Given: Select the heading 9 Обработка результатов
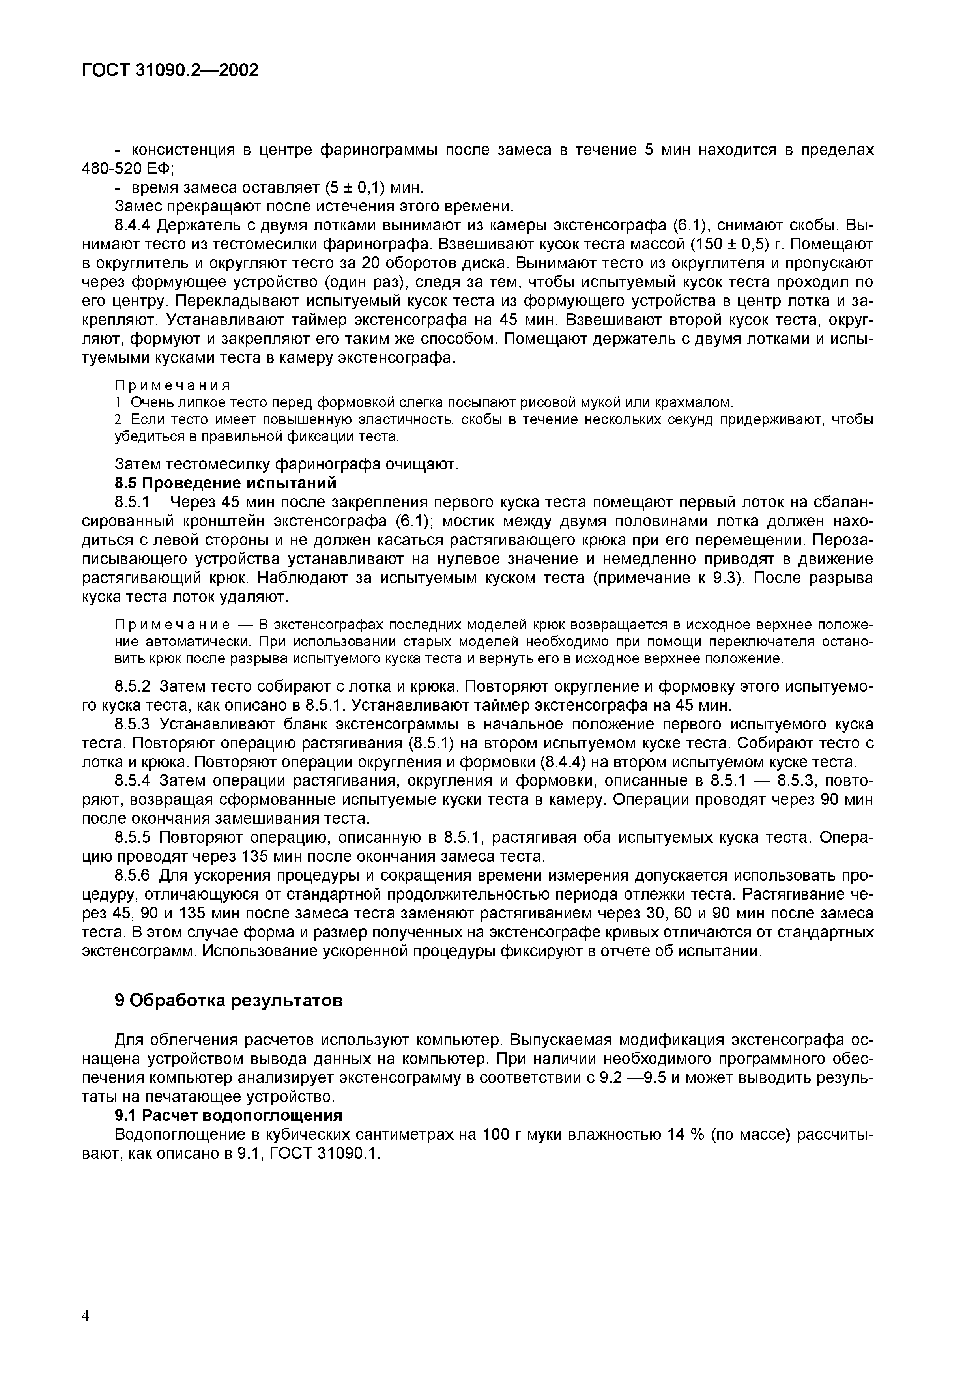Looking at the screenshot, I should click(x=228, y=1001).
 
